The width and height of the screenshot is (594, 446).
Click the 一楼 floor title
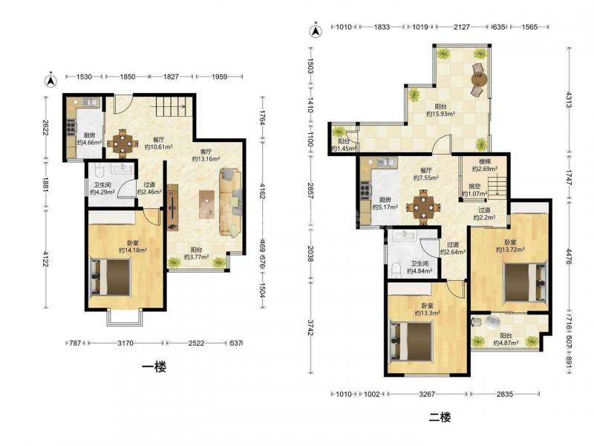coord(154,366)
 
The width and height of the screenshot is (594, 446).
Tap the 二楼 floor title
coord(440,418)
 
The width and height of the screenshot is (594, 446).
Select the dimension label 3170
coord(125,343)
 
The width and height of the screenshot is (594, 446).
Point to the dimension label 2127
coord(462,27)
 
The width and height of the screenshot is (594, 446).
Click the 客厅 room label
coord(206,152)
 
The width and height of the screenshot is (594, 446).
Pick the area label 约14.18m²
coord(133,251)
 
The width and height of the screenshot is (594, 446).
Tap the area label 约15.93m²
coord(440,114)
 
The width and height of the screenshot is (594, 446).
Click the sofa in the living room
coord(230,203)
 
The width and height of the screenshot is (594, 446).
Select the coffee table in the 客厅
coord(206,204)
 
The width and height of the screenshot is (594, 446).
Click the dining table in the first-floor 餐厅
coord(123,143)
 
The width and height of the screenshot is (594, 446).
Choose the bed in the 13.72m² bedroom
coord(526,282)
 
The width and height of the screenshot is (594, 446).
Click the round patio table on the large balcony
coord(479,80)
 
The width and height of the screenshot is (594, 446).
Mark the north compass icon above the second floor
coord(316,31)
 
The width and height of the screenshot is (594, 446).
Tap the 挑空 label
coord(474,187)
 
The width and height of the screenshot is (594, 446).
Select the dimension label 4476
coord(569,256)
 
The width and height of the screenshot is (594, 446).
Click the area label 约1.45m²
coord(344,148)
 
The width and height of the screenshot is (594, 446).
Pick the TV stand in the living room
coord(172,207)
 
